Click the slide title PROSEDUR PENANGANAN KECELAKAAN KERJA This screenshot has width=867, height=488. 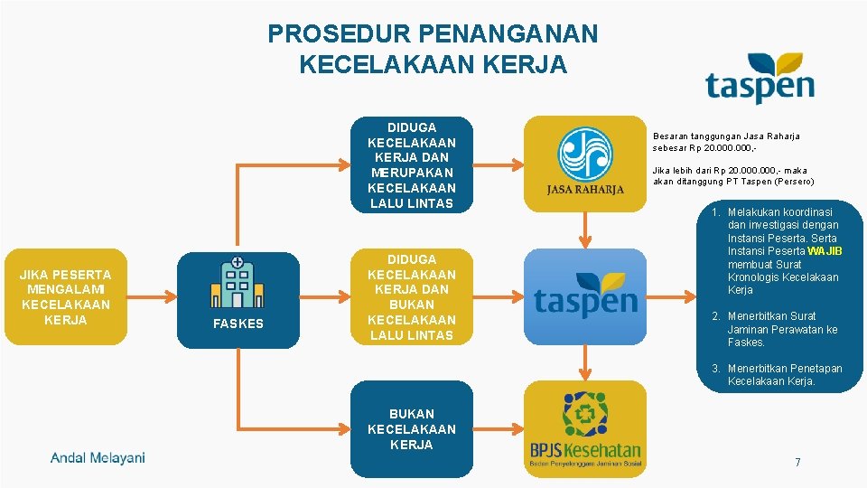coord(433,49)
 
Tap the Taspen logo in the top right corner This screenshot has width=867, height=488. coord(760,80)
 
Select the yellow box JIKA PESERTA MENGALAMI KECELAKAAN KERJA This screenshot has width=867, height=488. coord(65,296)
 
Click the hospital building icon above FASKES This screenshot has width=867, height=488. coord(238,282)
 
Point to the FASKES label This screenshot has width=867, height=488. coord(238,324)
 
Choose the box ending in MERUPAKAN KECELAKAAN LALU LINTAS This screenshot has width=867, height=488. coord(411,165)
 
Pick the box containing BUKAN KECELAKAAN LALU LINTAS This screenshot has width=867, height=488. coord(411,296)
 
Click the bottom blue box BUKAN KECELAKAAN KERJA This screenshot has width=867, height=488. coord(411,428)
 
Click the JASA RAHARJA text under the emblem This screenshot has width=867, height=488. coord(585,190)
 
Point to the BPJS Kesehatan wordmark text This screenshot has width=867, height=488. coord(585,450)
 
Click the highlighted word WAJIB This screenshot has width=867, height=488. coord(825,251)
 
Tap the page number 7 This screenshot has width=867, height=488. coord(797,463)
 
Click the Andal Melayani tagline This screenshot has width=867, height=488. coord(98,458)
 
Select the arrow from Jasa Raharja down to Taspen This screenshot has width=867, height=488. coord(585,230)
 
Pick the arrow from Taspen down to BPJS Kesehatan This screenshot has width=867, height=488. coord(585,361)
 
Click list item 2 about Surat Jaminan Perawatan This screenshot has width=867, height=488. coord(782,329)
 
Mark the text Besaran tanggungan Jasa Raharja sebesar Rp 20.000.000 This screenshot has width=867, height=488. coord(726,141)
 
